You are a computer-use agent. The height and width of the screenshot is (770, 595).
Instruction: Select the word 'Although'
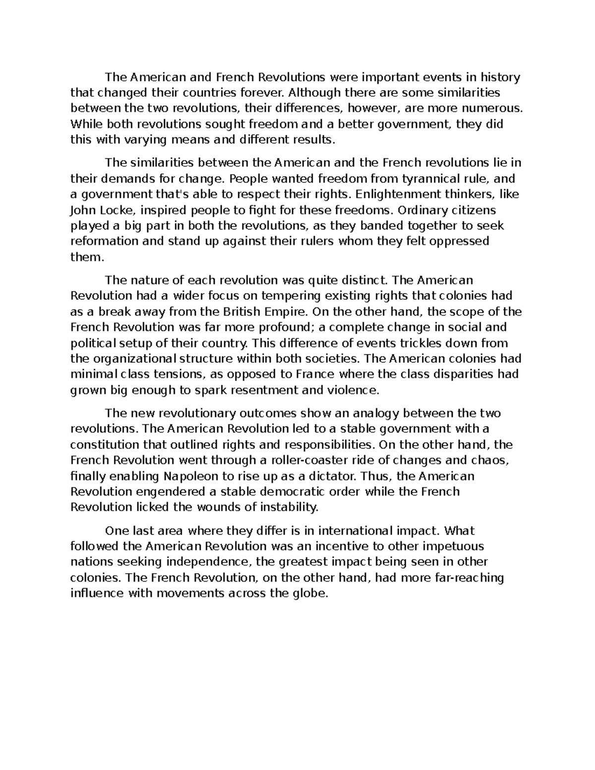point(314,93)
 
